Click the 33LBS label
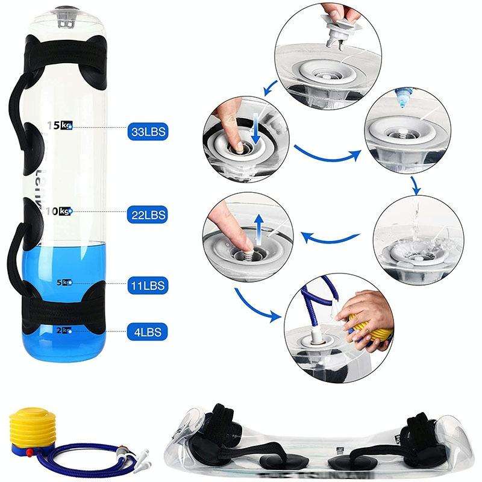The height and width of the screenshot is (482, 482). pyautogui.click(x=146, y=130)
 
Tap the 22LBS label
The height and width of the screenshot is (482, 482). pyautogui.click(x=146, y=213)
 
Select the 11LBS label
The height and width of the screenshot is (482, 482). pyautogui.click(x=146, y=284)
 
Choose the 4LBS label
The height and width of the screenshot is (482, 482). pyautogui.click(x=146, y=331)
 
